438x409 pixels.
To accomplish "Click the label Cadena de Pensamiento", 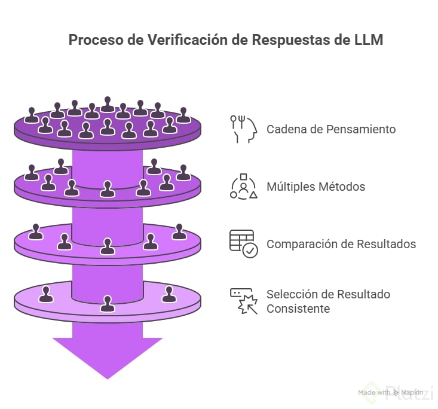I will (x=330, y=129).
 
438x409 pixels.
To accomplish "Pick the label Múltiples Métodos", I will (x=316, y=187).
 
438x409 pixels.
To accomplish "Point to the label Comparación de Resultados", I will (x=341, y=244).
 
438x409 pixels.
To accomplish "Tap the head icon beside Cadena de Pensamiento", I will (x=244, y=129).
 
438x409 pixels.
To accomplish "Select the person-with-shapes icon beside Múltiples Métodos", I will (x=244, y=186).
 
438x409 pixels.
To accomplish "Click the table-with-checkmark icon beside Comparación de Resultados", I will (x=244, y=243).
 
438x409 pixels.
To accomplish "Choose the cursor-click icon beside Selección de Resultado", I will (x=244, y=301).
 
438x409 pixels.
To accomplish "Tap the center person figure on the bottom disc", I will (x=108, y=304).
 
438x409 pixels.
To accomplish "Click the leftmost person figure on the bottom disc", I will (x=45, y=294).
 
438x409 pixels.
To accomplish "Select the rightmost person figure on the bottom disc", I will (x=170, y=294).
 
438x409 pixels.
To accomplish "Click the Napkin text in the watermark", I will (x=412, y=393).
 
